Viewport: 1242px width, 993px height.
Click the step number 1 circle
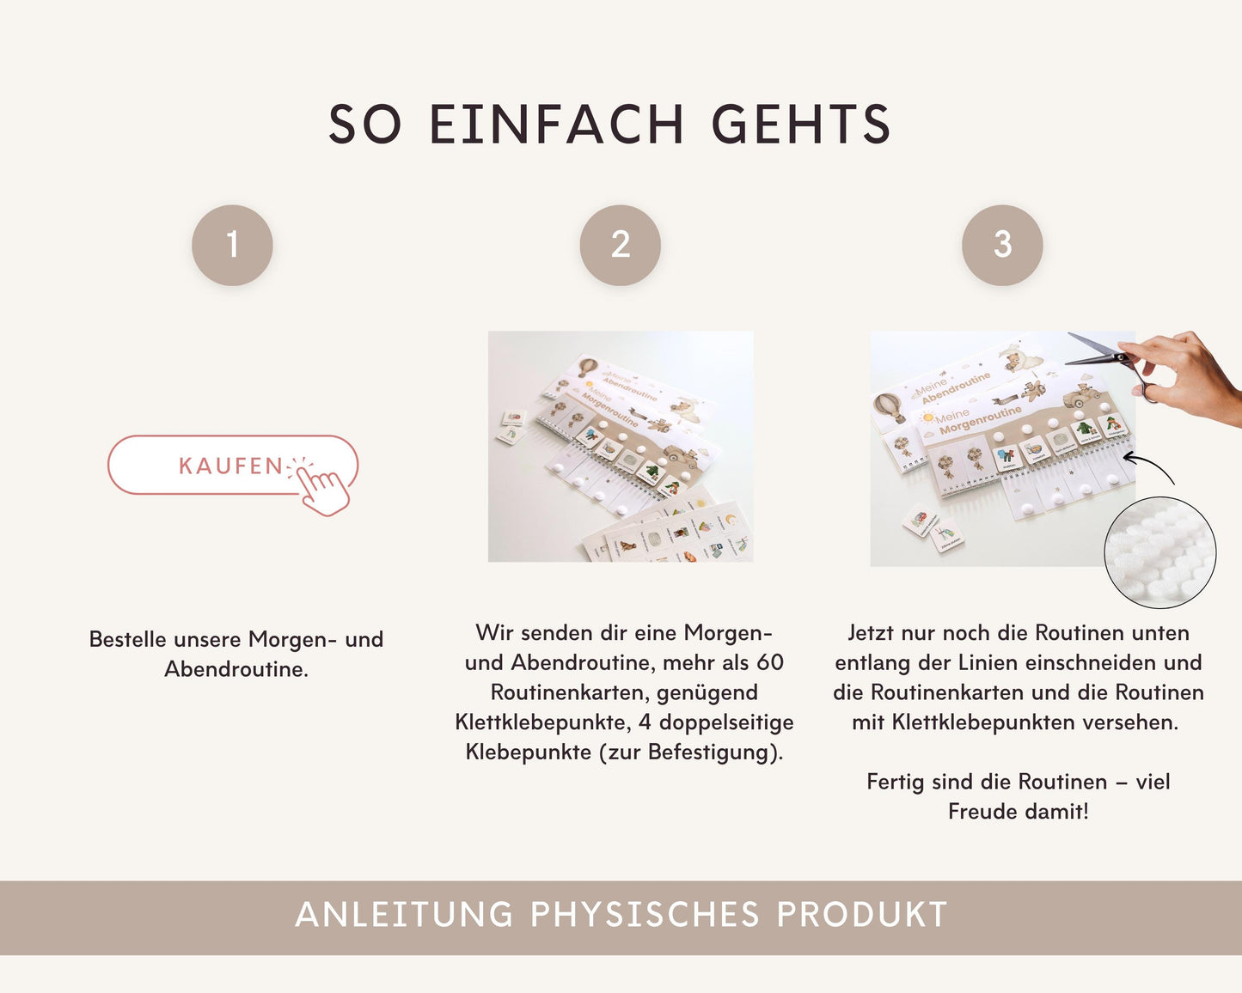232,245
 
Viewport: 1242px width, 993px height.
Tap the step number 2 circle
621,245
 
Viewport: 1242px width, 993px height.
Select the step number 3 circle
1002,245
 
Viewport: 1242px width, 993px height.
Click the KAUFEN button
230,466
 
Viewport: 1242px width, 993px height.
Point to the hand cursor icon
324,490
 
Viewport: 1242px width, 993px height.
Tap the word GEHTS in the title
801,125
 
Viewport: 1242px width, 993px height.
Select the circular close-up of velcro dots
1159,552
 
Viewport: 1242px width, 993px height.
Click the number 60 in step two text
770,662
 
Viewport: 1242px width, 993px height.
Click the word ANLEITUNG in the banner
404,916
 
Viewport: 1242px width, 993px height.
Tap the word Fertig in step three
895,783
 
